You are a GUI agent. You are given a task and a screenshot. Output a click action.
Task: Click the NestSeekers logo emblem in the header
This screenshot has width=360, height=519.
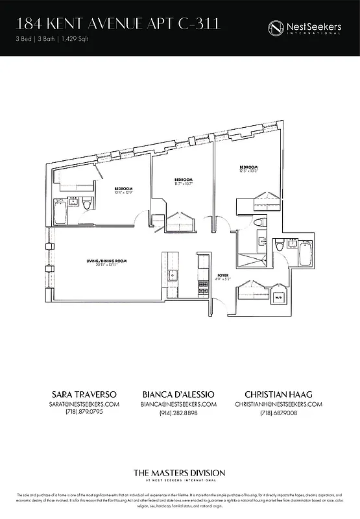(277, 27)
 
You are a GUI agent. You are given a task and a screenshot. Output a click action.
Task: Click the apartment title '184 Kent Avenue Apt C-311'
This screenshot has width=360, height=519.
(117, 25)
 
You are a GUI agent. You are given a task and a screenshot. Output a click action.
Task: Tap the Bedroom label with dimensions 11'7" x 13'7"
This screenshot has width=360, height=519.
(184, 181)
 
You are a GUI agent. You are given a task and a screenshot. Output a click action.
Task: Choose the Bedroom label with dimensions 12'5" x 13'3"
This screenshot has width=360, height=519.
(248, 169)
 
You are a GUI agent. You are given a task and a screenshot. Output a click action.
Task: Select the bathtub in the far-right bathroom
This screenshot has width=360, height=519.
(304, 253)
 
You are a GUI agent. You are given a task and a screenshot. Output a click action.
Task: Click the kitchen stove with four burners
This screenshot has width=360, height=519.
(202, 284)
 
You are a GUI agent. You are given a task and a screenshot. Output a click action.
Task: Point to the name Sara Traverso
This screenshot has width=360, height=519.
(80, 394)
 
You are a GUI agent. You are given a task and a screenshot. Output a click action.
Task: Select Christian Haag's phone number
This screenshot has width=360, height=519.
(279, 413)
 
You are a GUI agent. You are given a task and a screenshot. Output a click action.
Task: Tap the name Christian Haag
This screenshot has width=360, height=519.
(279, 394)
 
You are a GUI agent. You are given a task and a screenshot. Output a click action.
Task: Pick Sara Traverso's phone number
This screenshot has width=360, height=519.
(80, 413)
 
